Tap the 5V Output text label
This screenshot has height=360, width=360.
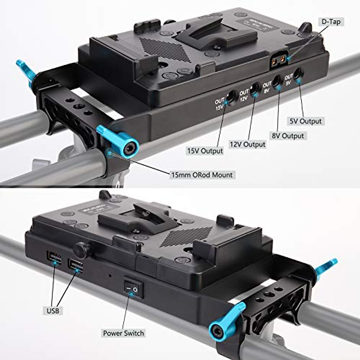click(305, 121)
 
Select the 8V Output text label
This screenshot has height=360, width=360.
click(288, 136)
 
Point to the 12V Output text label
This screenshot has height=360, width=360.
click(247, 144)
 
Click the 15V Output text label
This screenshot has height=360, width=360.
click(205, 151)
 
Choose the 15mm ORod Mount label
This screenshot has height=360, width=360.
click(202, 175)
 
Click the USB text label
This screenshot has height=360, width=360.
click(53, 310)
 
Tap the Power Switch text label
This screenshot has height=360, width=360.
click(123, 333)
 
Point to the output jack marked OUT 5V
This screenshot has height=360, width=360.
click(298, 73)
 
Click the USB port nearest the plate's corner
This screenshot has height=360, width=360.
click(54, 257)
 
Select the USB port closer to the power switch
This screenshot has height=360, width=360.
click(76, 265)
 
